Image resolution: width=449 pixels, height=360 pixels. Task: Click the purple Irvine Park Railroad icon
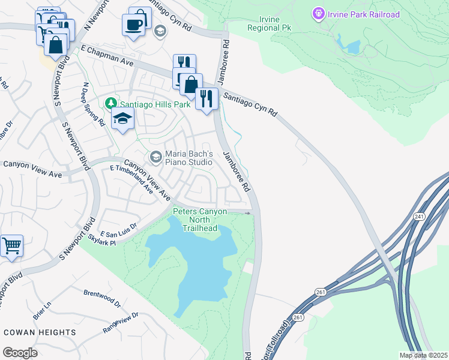pyautogui.click(x=318, y=13)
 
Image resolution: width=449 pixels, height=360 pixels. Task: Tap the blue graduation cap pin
pyautogui.click(x=122, y=119)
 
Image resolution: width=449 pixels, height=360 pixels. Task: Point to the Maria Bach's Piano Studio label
pyautogui.click(x=188, y=158)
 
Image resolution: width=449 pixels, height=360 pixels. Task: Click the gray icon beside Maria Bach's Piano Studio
pyautogui.click(x=155, y=157)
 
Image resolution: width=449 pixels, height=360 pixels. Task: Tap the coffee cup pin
pyautogui.click(x=133, y=25)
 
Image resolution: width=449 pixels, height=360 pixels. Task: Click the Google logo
pyautogui.click(x=19, y=352)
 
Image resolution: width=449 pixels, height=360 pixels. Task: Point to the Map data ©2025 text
pyautogui.click(x=423, y=355)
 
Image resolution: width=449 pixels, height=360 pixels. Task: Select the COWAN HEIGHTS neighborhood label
pyautogui.click(x=40, y=332)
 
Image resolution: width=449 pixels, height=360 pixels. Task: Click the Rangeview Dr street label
pyautogui.click(x=121, y=322)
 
